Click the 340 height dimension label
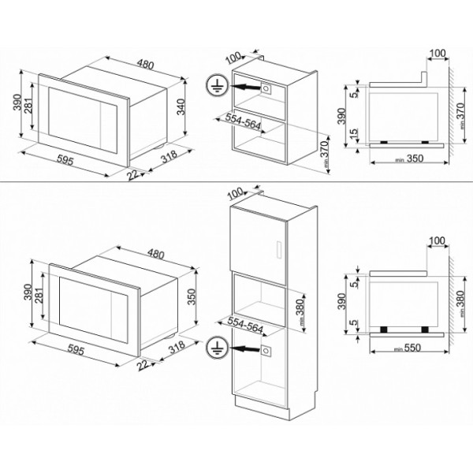click(181, 106)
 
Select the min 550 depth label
click(408, 348)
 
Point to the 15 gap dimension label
click(354, 134)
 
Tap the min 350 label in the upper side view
click(409, 158)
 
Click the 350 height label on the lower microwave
click(192, 296)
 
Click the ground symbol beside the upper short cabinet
click(216, 85)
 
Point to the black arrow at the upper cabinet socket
click(245, 88)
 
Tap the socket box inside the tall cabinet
click(266, 351)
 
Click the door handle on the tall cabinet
click(279, 249)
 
